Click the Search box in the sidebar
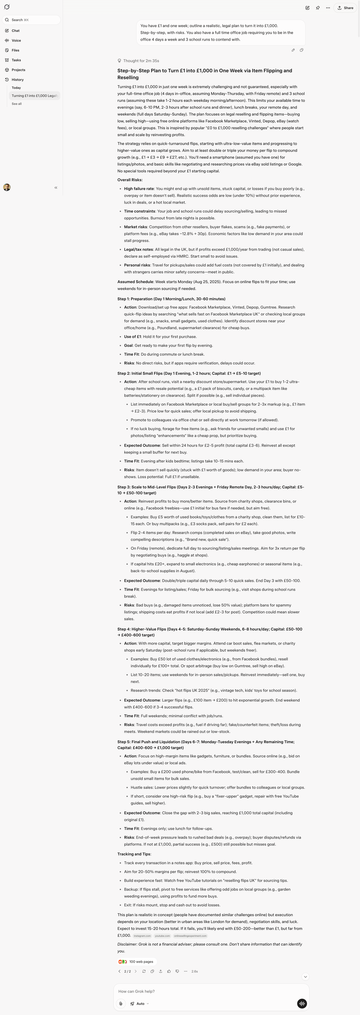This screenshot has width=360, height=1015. tap(31, 20)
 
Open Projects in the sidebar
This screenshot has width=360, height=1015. tap(18, 70)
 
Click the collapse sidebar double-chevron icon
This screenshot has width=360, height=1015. tap(56, 188)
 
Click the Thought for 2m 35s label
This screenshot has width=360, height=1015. tap(141, 61)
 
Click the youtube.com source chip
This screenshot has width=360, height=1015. tap(162, 936)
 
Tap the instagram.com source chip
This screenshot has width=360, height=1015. tap(142, 936)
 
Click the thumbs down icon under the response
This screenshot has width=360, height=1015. tap(177, 971)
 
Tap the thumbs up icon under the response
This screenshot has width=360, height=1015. tap(169, 971)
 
